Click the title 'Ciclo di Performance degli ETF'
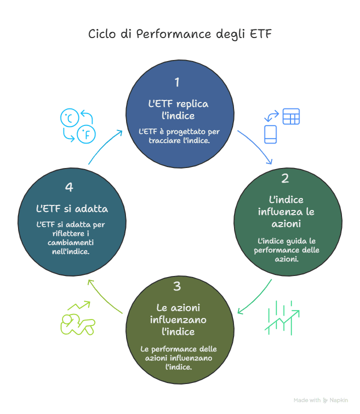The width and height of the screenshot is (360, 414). pyautogui.click(x=180, y=34)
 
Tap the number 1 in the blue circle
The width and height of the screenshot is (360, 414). pyautogui.click(x=176, y=82)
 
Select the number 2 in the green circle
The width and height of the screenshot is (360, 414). pyautogui.click(x=285, y=178)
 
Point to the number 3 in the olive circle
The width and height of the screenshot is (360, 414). pyautogui.click(x=177, y=286)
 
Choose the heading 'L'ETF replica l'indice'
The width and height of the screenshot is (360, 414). pyautogui.click(x=178, y=109)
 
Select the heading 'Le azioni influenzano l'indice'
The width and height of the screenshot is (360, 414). pyautogui.click(x=178, y=319)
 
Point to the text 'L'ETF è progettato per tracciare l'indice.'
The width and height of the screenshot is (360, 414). pyautogui.click(x=178, y=136)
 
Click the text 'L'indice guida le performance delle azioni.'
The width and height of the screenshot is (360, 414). pyautogui.click(x=286, y=250)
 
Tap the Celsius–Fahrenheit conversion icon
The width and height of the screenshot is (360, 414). pyautogui.click(x=78, y=125)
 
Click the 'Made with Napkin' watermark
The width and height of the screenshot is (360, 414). pyautogui.click(x=320, y=400)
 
